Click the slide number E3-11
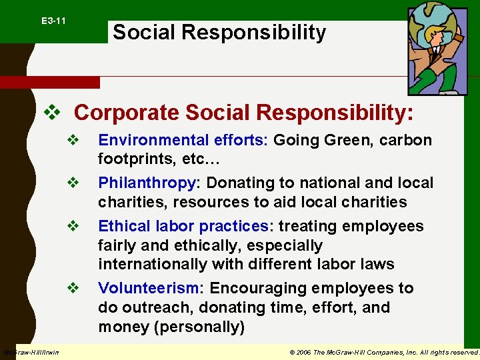[x=53, y=21]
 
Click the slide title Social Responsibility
[x=219, y=32]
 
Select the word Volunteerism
[x=149, y=288]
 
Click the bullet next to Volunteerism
[x=73, y=288]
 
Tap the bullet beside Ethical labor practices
[x=73, y=226]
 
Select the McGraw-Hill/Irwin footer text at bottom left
[x=31, y=352]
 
